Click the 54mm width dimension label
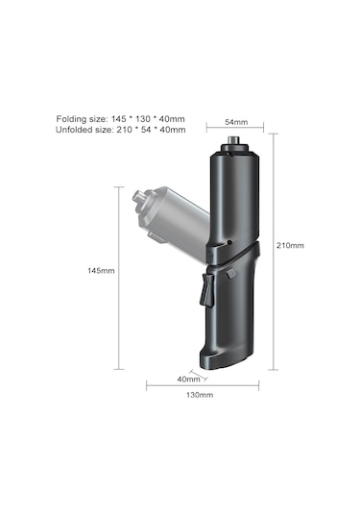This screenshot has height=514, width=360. click(x=236, y=123)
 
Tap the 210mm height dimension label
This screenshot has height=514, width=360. click(x=290, y=246)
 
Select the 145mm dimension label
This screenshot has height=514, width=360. click(x=101, y=271)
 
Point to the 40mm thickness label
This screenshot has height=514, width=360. click(x=189, y=378)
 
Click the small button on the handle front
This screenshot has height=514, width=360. click(x=232, y=274)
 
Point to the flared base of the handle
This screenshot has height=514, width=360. click(x=227, y=358)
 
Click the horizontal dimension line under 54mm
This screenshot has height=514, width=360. click(x=235, y=133)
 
